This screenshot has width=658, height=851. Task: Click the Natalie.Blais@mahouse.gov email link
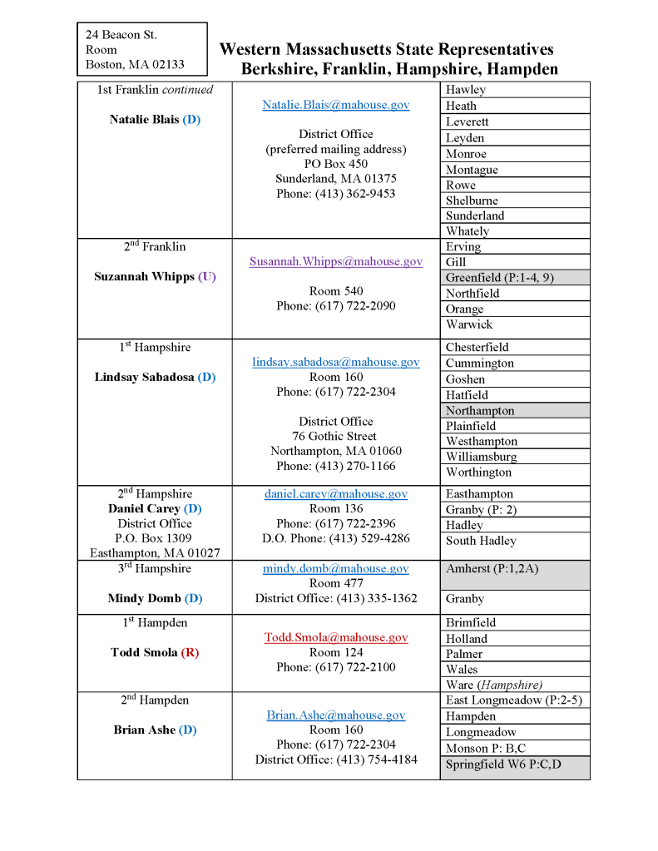click(x=335, y=105)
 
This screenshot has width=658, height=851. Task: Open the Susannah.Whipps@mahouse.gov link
click(x=335, y=261)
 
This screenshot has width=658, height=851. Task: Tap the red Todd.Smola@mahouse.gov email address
click(x=335, y=637)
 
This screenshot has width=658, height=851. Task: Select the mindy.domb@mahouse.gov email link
click(x=335, y=568)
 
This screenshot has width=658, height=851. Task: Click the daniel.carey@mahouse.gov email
click(x=335, y=493)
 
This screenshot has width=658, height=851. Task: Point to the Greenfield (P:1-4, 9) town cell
click(x=499, y=278)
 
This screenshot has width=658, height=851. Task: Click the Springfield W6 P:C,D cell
click(x=503, y=764)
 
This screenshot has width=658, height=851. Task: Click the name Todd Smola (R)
click(x=155, y=652)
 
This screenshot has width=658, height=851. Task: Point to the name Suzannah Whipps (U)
click(x=155, y=276)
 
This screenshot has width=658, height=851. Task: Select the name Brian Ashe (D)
click(x=155, y=730)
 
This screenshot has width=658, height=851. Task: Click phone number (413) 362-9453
click(x=335, y=194)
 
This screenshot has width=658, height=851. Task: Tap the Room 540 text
click(x=335, y=291)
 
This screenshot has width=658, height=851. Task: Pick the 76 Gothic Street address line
click(x=335, y=436)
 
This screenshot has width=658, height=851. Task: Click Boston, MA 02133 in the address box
click(x=135, y=64)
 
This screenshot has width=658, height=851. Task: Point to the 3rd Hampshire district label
click(x=155, y=569)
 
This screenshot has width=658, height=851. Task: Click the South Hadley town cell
click(x=481, y=541)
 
